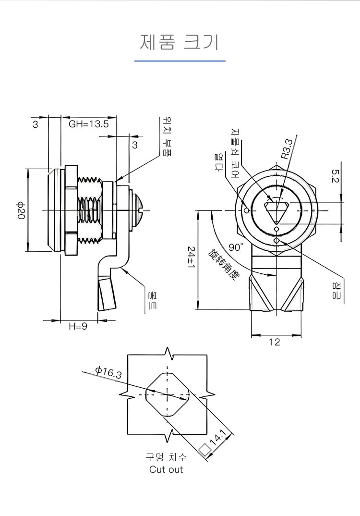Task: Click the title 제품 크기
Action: tap(180, 42)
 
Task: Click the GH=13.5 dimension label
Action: tap(89, 124)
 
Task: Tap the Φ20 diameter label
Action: tap(20, 210)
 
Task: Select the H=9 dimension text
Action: tap(78, 326)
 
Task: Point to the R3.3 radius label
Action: tap(287, 149)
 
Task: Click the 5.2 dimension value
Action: tap(335, 176)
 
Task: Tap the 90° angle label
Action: tap(236, 247)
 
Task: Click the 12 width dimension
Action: tap(275, 342)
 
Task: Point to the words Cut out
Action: tap(166, 469)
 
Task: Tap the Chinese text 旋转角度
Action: tap(223, 264)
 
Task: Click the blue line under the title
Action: tap(180, 61)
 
